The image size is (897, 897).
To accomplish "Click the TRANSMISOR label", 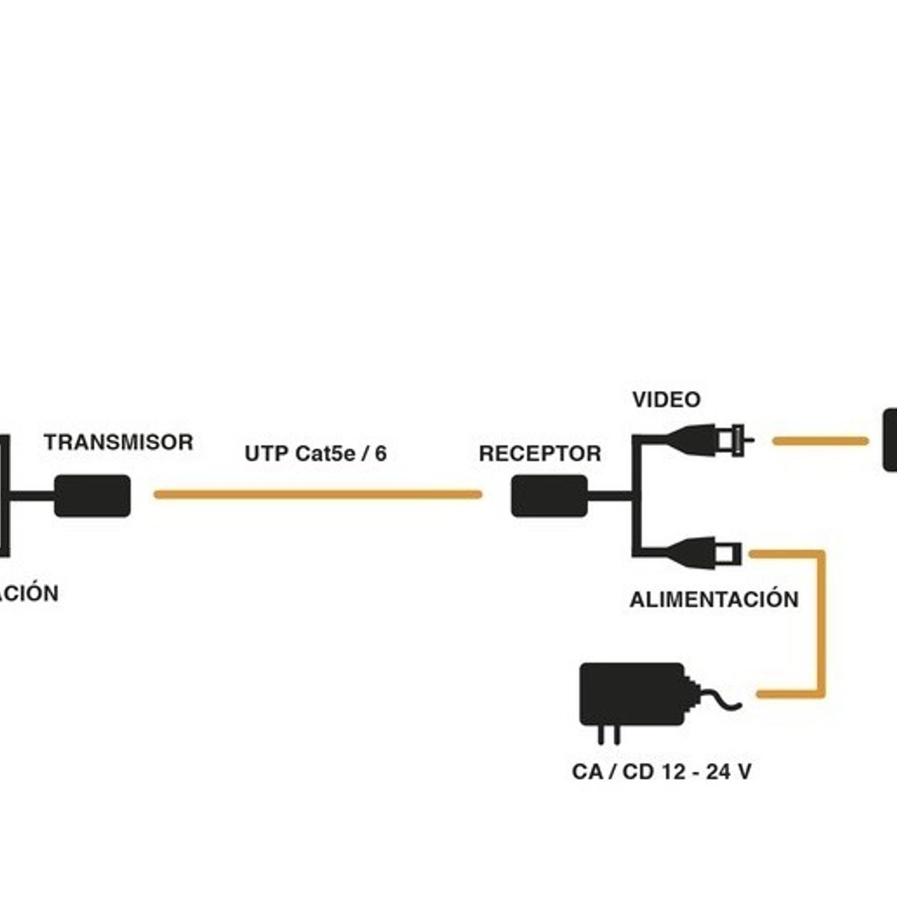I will (118, 442).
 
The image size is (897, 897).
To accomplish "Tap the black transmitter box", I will (92, 496).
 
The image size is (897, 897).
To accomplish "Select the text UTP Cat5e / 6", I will (315, 454).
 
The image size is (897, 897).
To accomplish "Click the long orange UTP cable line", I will (318, 494).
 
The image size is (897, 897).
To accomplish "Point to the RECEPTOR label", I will (540, 454).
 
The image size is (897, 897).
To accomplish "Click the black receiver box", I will (549, 496).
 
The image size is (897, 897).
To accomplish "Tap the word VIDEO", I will (666, 400).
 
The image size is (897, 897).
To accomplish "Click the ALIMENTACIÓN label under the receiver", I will (713, 599).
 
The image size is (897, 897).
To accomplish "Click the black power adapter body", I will (632, 693).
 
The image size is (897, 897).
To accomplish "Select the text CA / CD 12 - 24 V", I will (661, 771).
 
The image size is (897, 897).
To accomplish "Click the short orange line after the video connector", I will (820, 441).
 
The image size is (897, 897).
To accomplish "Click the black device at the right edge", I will (890, 440).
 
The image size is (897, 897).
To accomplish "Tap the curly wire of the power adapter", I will (718, 700).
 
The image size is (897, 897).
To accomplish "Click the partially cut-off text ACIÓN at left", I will (28, 594).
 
